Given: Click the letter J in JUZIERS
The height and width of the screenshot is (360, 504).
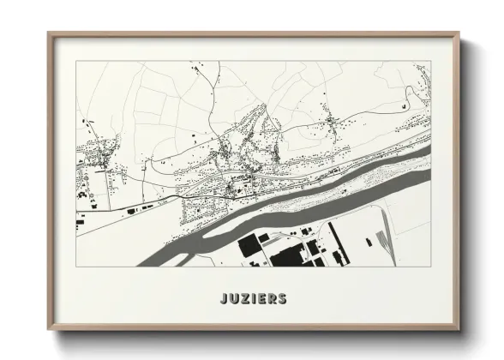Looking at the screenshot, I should tap(222, 300).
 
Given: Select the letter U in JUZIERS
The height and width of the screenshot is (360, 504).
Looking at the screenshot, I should tap(232, 300).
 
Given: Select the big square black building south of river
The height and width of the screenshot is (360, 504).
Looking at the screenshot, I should tap(249, 248).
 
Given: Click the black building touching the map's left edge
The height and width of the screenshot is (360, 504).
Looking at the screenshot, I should tap(80, 224).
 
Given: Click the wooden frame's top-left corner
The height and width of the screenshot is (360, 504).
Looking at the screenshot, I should tap(49, 34).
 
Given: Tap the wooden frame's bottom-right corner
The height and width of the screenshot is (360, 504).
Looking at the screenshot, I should tap(461, 330).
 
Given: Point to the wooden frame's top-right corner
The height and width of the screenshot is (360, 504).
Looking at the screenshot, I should tap(461, 34).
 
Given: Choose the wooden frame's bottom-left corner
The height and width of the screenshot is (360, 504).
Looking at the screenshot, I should tap(49, 330).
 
